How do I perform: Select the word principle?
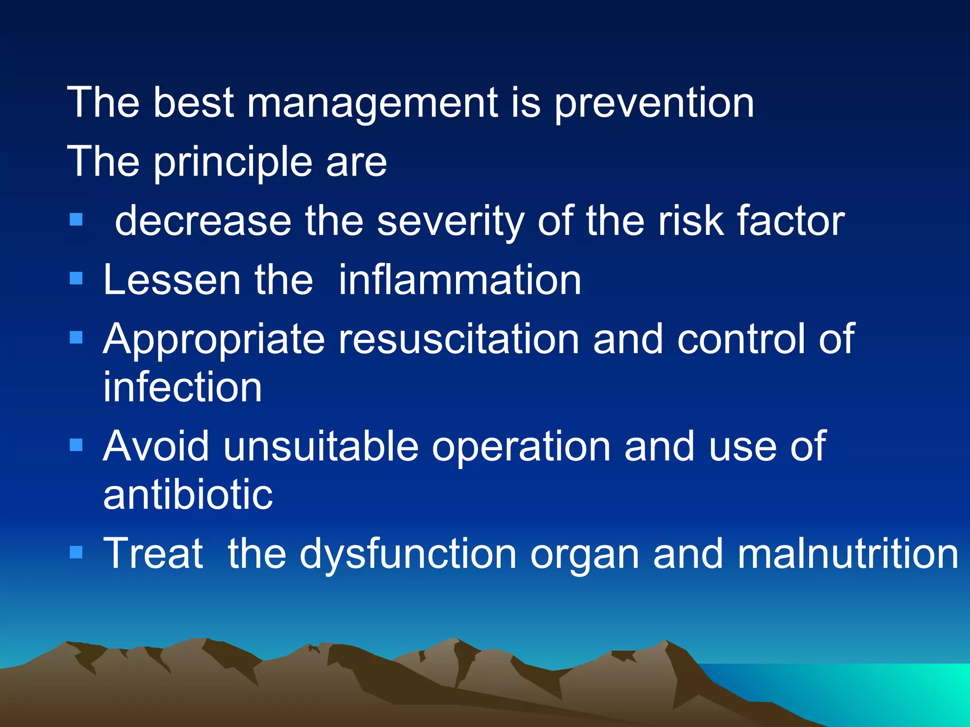[x=233, y=162]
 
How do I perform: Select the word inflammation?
[x=459, y=280]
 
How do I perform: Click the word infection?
[x=182, y=387]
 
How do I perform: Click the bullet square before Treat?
[x=76, y=552]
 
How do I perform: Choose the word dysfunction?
[x=408, y=554]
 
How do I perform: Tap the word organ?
[x=584, y=555]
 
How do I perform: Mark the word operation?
[x=521, y=447]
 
